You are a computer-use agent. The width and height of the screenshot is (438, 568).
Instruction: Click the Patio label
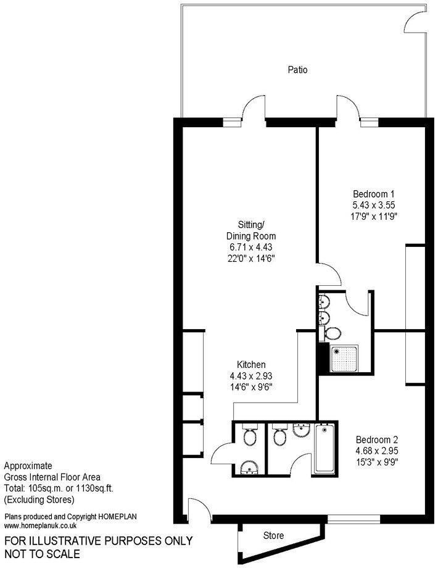(297, 70)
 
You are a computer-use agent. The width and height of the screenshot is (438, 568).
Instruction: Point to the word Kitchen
(252, 364)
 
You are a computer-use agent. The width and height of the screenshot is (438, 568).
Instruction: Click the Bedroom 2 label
(373, 440)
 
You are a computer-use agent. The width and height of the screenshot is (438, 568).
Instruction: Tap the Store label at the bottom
(273, 535)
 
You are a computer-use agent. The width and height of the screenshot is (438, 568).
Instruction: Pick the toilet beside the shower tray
(333, 333)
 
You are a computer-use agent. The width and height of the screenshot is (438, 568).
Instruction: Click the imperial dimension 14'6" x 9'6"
(252, 387)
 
